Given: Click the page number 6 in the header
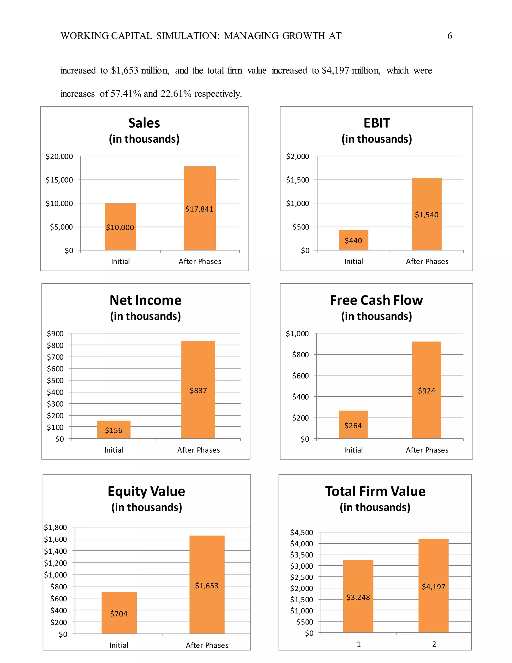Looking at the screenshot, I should (449, 36).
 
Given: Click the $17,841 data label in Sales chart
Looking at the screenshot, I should (199, 209).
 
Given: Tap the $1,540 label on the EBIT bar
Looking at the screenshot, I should (426, 215).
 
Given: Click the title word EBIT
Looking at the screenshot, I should (377, 123).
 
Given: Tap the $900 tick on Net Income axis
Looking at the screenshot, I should (55, 333).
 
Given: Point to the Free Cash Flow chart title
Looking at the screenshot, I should (376, 300).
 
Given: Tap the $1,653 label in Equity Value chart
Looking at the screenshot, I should (206, 586).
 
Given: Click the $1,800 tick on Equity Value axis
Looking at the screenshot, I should (55, 527).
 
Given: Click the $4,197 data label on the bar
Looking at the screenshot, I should (433, 586).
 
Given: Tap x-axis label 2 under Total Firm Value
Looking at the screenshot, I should (434, 644).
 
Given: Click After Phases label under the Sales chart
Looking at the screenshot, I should (200, 261).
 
